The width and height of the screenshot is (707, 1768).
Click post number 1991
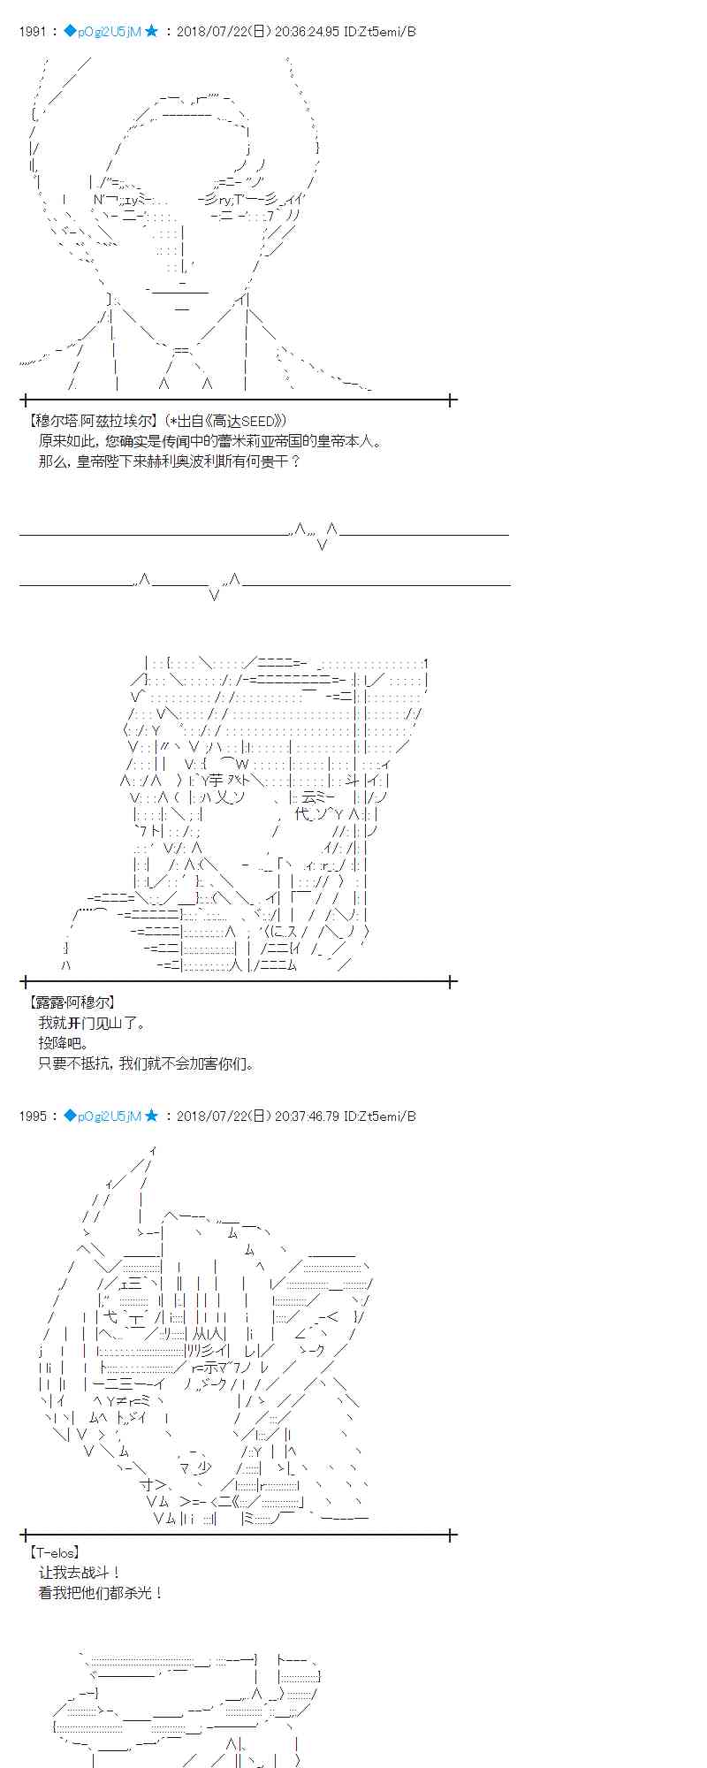[x=31, y=32]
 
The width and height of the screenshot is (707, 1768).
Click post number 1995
[x=31, y=1116]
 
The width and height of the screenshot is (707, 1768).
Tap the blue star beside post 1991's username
[x=151, y=32]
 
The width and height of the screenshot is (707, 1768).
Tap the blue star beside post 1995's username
[x=151, y=1116]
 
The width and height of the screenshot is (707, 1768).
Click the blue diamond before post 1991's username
[x=70, y=32]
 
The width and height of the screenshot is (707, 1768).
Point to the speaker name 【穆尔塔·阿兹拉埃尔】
[x=94, y=421]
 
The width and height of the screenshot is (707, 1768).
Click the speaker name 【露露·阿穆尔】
[x=72, y=1002]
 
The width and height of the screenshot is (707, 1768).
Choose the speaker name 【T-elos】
[x=55, y=1552]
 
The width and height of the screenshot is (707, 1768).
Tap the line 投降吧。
[x=64, y=1043]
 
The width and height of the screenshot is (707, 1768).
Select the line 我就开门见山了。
[x=92, y=1023]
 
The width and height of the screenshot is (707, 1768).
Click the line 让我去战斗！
[x=80, y=1573]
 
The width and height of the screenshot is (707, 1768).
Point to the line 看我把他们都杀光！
[x=101, y=1593]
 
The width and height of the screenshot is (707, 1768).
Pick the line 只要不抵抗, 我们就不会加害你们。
[x=147, y=1063]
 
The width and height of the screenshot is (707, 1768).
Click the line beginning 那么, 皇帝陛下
[x=170, y=461]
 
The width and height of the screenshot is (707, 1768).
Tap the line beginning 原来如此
[x=210, y=441]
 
